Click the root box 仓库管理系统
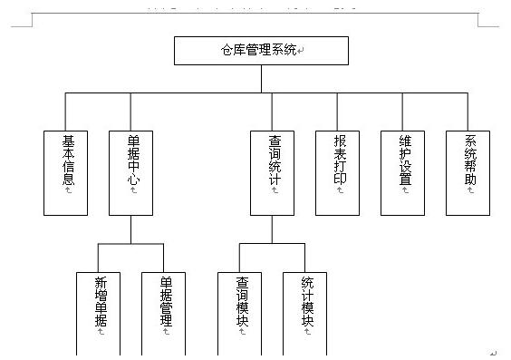pos(261,51)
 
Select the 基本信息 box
pos(66,172)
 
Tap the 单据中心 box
pos(130,172)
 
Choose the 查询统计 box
pos(273,172)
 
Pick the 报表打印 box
pos(338,172)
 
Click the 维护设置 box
pos(403,172)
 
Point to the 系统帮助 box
pos(468,172)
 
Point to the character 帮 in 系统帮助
pos(470,167)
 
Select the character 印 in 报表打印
pos(340,180)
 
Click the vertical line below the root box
pos(261,79)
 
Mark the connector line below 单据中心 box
pos(130,229)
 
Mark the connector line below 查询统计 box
pos(273,229)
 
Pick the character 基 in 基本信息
pos(68,141)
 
